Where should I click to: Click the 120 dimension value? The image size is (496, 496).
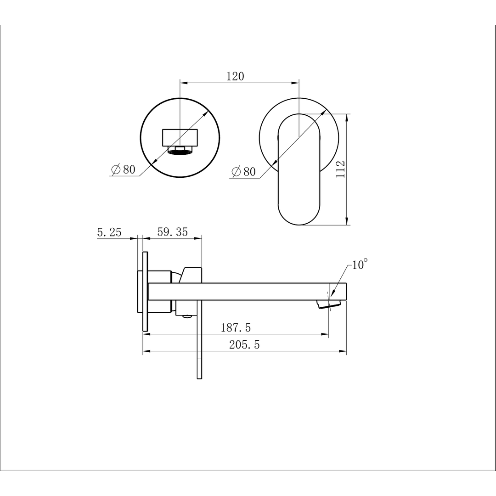pyautogui.click(x=235, y=76)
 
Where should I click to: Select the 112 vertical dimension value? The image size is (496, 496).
pyautogui.click(x=341, y=169)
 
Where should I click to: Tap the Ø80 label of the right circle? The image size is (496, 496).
pyautogui.click(x=243, y=171)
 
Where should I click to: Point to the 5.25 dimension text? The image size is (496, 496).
pyautogui.click(x=109, y=232)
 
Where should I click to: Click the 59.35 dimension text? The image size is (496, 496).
pyautogui.click(x=172, y=232)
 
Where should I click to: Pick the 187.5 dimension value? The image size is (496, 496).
pyautogui.click(x=236, y=327)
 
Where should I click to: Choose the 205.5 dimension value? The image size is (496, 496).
pyautogui.click(x=244, y=344)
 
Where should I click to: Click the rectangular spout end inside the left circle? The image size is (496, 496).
pyautogui.click(x=180, y=138)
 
